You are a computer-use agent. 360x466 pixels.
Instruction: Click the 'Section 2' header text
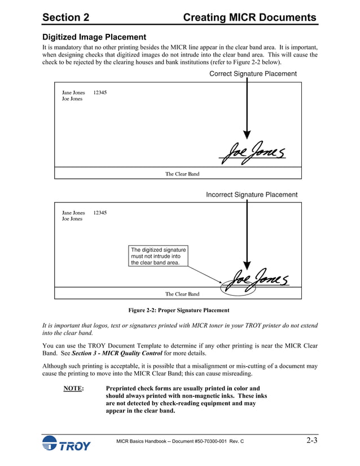[x=65, y=17]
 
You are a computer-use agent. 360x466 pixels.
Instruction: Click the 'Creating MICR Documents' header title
[x=250, y=17]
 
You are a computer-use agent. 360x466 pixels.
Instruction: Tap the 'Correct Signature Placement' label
[x=253, y=74]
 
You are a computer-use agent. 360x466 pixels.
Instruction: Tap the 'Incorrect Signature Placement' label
[x=252, y=195]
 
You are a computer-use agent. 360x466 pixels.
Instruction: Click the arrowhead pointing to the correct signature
[x=247, y=135]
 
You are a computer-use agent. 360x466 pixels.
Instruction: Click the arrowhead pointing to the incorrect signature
[x=247, y=264]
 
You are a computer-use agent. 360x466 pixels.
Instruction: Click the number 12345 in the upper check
[x=100, y=93]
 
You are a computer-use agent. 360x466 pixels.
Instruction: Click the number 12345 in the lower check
[x=100, y=213]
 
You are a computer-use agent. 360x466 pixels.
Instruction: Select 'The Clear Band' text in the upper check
[x=182, y=174]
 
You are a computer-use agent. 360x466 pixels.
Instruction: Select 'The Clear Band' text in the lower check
[x=182, y=294]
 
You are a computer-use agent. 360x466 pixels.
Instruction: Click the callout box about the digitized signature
[x=158, y=256]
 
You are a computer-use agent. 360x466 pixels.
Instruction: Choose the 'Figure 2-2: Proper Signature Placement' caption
[x=179, y=310]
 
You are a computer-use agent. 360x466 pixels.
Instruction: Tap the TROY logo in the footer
[x=66, y=444]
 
